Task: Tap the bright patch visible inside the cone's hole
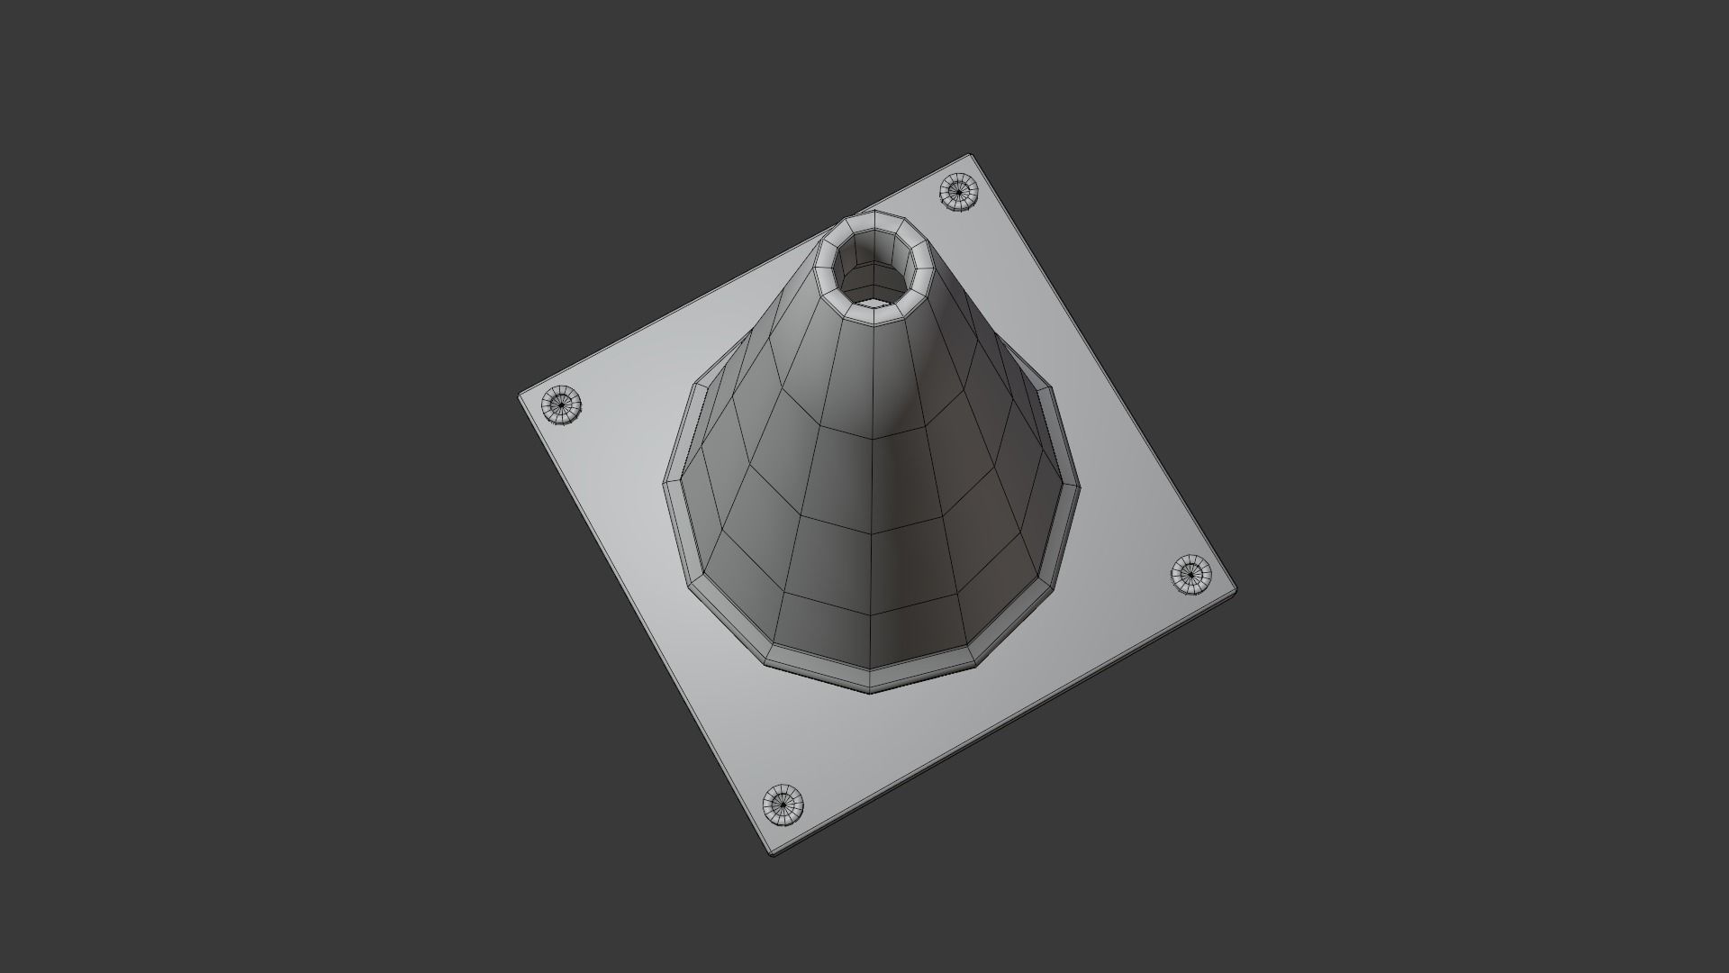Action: tap(872, 293)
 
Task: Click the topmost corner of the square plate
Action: tap(971, 155)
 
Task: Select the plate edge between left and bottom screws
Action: tap(641, 622)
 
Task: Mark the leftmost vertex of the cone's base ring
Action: tap(665, 482)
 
